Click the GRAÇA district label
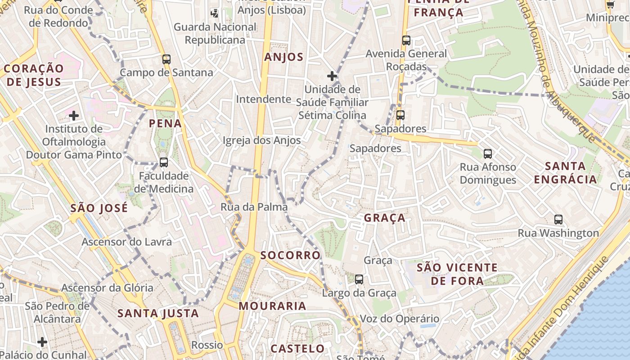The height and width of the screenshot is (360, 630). [385, 218]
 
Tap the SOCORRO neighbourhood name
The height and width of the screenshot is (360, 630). [290, 256]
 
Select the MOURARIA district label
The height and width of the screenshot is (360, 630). [272, 306]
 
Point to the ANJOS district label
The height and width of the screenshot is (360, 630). [284, 57]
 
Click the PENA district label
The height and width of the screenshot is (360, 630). [165, 123]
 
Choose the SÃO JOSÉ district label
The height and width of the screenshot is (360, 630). [99, 208]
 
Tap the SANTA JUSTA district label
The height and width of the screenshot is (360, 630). [158, 314]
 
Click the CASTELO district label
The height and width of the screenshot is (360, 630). [297, 349]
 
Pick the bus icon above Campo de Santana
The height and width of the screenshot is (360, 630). [166, 59]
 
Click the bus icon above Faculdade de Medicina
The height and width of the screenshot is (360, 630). [164, 162]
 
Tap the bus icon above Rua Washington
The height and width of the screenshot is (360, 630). [558, 220]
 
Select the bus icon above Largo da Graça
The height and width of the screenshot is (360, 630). [359, 279]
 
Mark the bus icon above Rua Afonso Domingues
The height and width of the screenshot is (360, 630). [488, 154]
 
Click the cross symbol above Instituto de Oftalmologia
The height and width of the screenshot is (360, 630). [74, 116]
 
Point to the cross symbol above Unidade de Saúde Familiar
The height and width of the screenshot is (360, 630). [332, 76]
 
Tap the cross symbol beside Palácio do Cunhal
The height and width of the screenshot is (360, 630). [42, 342]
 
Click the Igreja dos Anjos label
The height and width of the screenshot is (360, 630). [261, 140]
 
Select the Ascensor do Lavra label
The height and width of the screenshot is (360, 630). [126, 242]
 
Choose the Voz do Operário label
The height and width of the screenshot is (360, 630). [399, 319]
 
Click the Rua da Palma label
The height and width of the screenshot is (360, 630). [254, 207]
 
